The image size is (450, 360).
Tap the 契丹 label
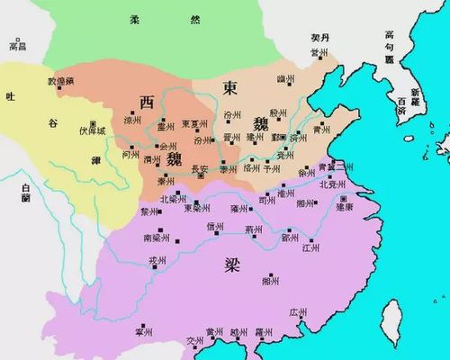click(321, 39)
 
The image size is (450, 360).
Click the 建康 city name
click(345, 207)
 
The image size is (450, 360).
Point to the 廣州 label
click(299, 312)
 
